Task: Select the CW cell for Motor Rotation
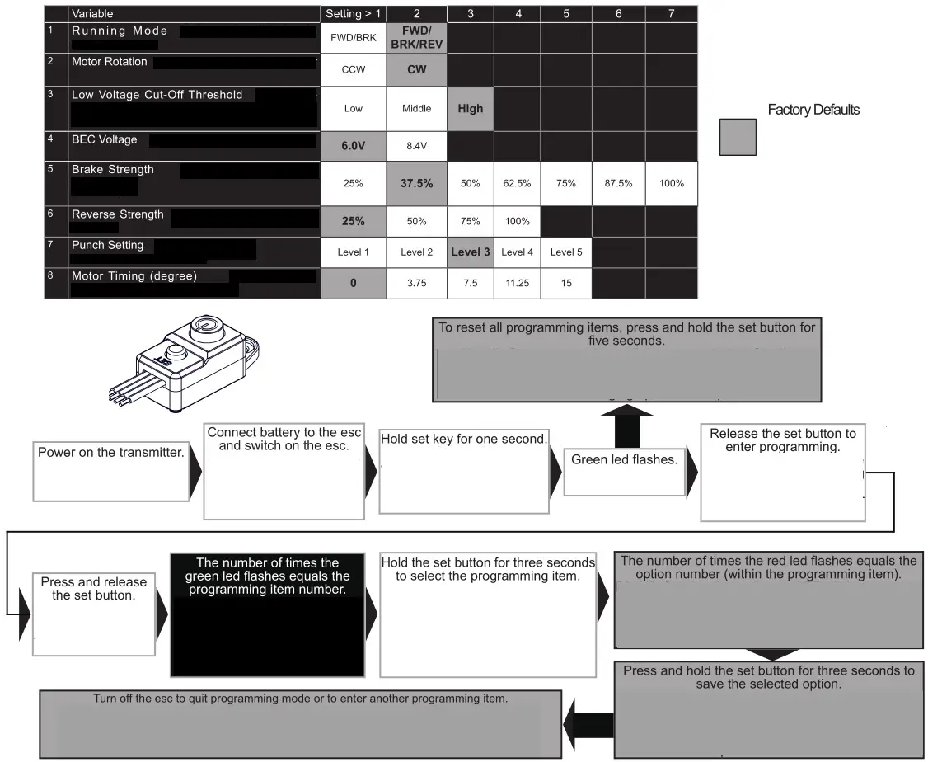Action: [x=416, y=69]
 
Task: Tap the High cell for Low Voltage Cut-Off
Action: [x=470, y=108]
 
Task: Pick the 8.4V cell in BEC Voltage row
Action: [x=416, y=145]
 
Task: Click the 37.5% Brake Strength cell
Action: [x=416, y=183]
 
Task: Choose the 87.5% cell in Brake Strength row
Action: [x=618, y=183]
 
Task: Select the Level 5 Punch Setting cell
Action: [x=565, y=252]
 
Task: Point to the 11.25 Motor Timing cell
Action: [x=518, y=283]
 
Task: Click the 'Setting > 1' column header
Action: [x=353, y=13]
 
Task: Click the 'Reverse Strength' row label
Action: [x=118, y=214]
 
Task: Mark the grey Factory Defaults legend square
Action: [x=737, y=136]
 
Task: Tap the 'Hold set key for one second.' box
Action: [x=464, y=470]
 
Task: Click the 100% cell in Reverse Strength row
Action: [x=518, y=221]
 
